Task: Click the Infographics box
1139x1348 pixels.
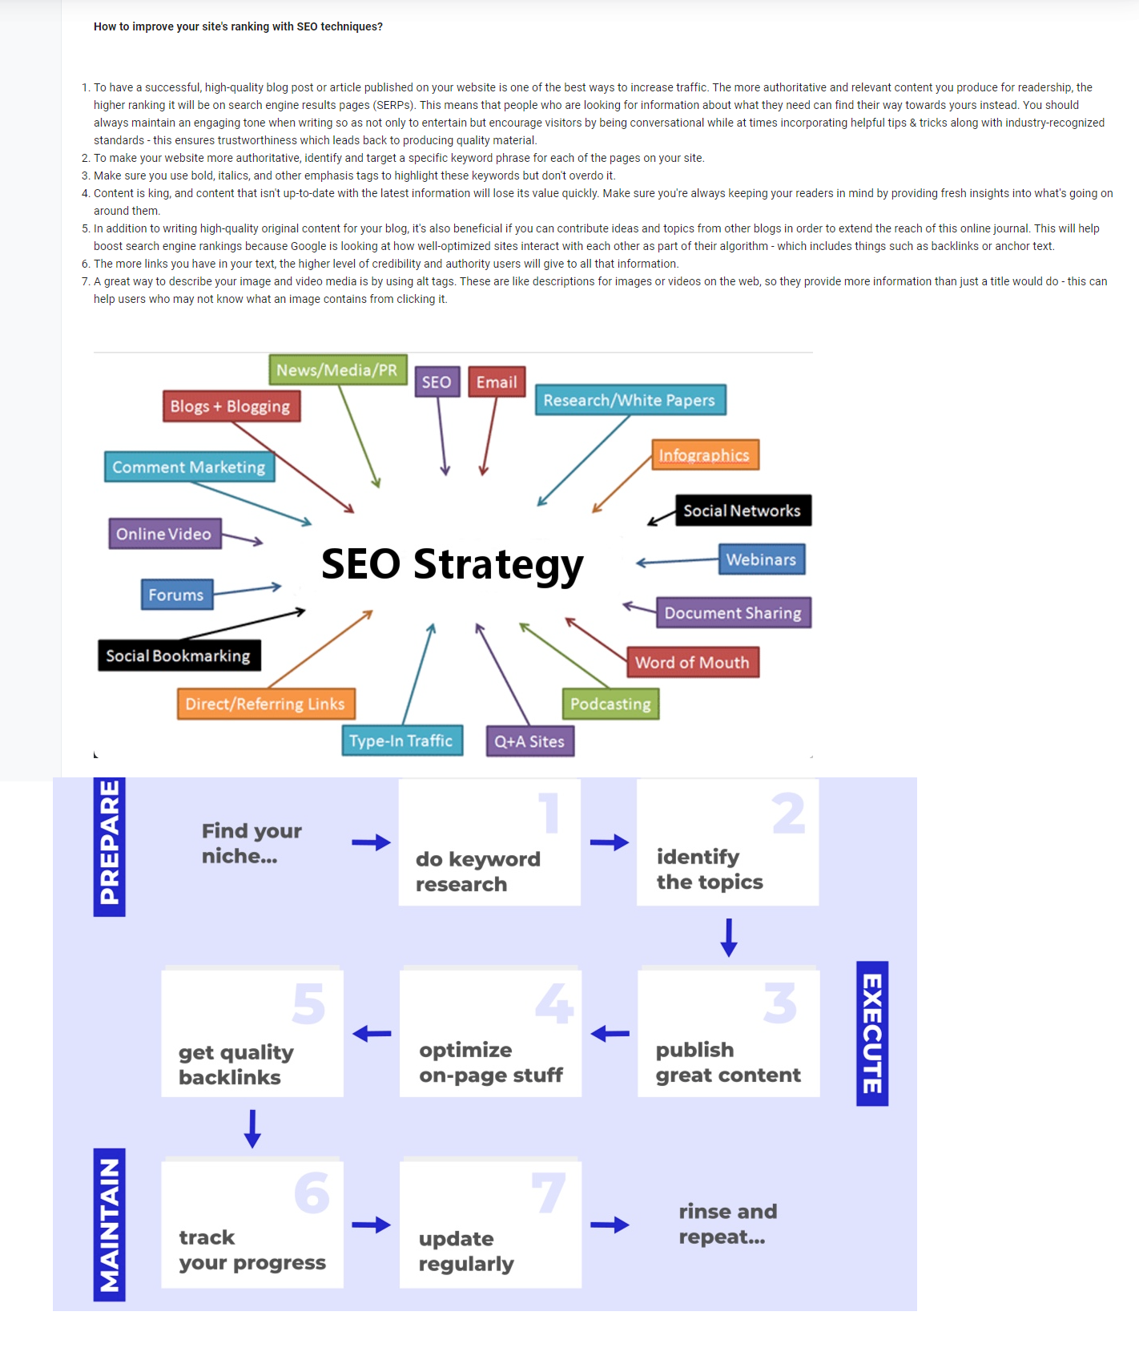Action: [705, 455]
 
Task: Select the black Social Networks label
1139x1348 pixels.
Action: [743, 511]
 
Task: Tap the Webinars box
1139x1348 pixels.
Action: [761, 559]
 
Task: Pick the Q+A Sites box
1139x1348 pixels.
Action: [529, 741]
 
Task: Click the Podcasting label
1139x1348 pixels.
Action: [610, 704]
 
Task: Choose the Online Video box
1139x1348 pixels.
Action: [164, 534]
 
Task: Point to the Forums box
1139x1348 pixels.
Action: [176, 595]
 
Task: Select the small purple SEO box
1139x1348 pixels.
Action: [437, 382]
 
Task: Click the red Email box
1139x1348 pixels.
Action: [497, 382]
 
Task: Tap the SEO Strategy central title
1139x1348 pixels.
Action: [452, 564]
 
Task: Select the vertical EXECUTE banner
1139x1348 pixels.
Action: [872, 1033]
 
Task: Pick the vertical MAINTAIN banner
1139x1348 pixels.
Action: [110, 1224]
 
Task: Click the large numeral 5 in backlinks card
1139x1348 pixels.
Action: [309, 1004]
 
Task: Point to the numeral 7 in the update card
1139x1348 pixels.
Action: [549, 1193]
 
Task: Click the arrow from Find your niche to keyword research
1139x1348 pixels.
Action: [372, 842]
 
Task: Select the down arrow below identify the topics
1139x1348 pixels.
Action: [729, 937]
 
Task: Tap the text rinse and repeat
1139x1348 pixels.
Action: [727, 1224]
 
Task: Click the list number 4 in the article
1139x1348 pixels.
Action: [86, 193]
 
